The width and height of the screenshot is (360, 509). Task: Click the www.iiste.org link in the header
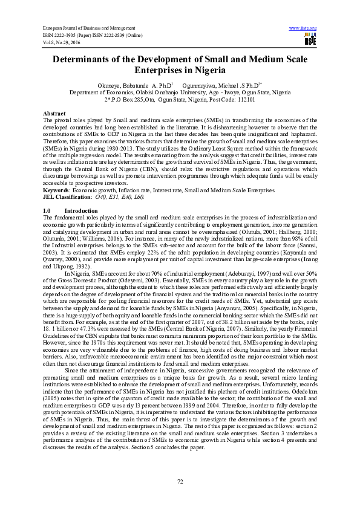click(303, 28)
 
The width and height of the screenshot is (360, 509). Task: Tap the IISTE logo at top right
click(310, 40)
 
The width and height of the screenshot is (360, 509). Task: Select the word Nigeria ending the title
click(183, 71)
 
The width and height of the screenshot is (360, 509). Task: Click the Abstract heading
click(54, 114)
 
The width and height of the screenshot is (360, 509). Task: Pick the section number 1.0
click(47, 210)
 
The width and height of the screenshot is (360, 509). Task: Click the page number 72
click(180, 481)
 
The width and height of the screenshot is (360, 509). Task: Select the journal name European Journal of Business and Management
click(88, 28)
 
